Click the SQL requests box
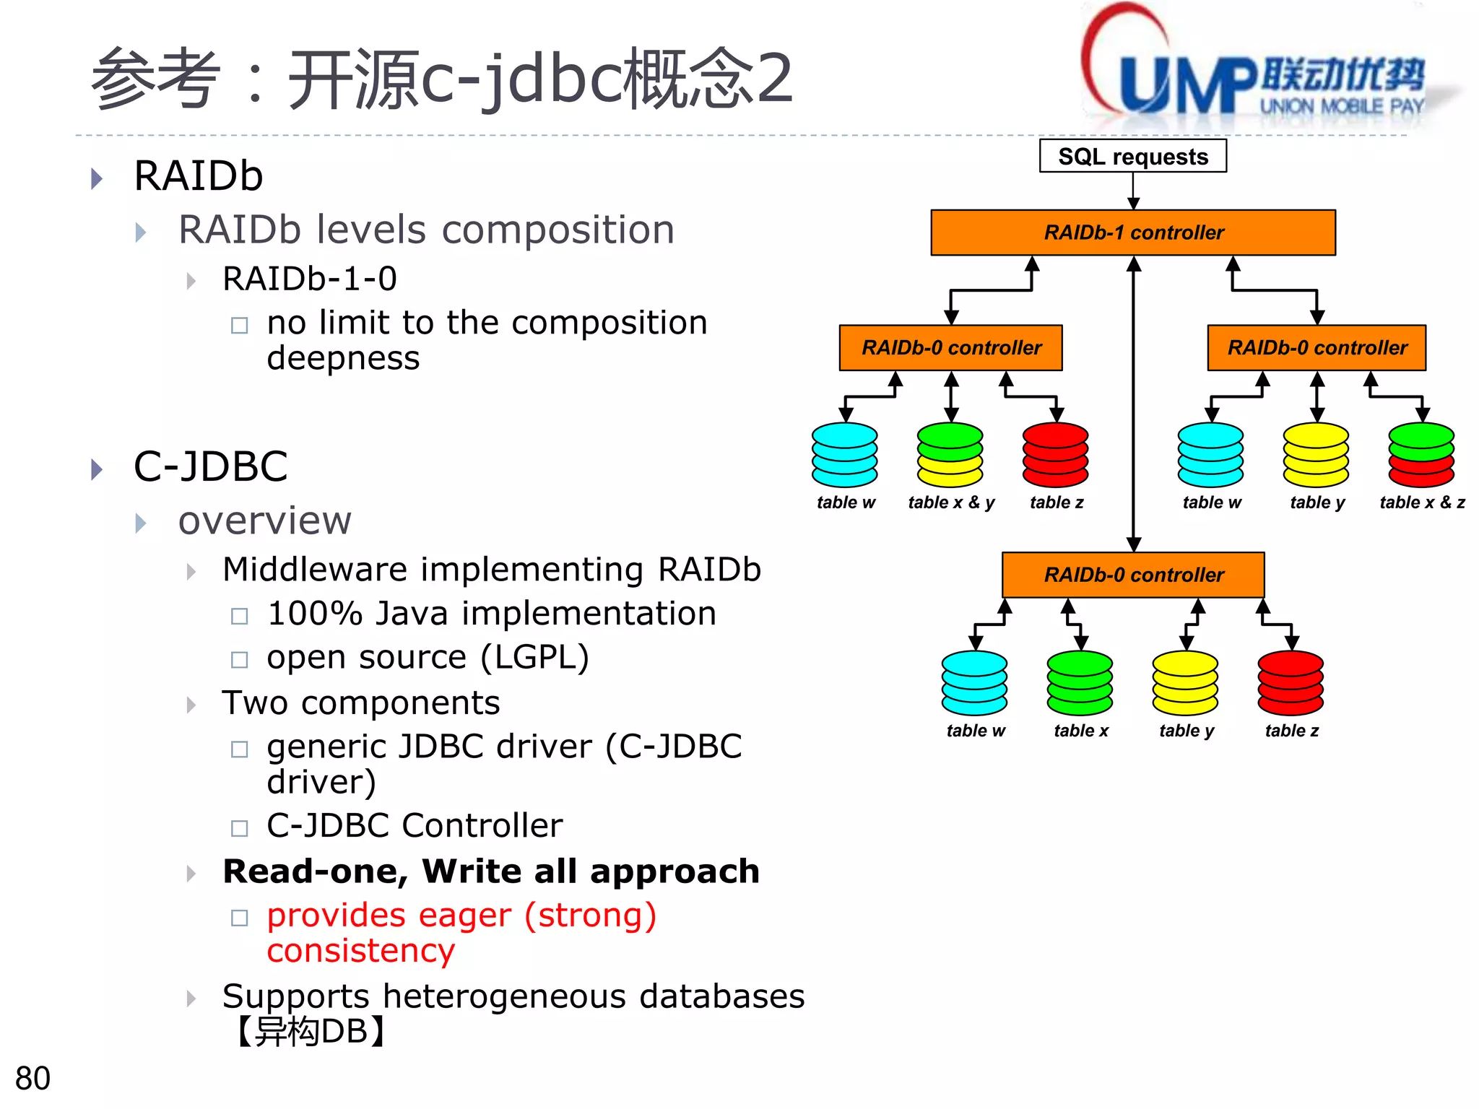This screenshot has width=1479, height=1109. [x=1132, y=156]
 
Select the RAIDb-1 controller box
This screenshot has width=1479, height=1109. [x=1132, y=232]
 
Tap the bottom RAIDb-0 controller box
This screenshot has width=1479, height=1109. [x=1132, y=575]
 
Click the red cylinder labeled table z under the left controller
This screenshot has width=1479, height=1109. [x=1055, y=455]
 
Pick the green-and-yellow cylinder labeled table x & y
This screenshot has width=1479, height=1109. [x=950, y=455]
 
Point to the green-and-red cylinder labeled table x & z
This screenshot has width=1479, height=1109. [x=1421, y=455]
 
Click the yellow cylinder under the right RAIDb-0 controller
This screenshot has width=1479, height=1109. [x=1315, y=455]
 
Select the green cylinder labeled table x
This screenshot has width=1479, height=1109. [x=1080, y=683]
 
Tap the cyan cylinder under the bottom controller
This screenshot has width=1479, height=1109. [x=974, y=683]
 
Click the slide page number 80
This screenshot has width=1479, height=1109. [x=32, y=1078]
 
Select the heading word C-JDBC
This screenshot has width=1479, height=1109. [x=211, y=466]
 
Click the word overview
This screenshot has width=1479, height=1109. [x=264, y=521]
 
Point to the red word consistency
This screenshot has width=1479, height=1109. [x=360, y=951]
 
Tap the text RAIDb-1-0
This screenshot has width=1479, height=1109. [x=310, y=279]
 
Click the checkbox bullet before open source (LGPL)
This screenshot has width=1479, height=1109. [x=239, y=659]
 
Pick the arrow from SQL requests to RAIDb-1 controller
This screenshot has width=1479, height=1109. [x=1133, y=191]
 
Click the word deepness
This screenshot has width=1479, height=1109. [x=343, y=358]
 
